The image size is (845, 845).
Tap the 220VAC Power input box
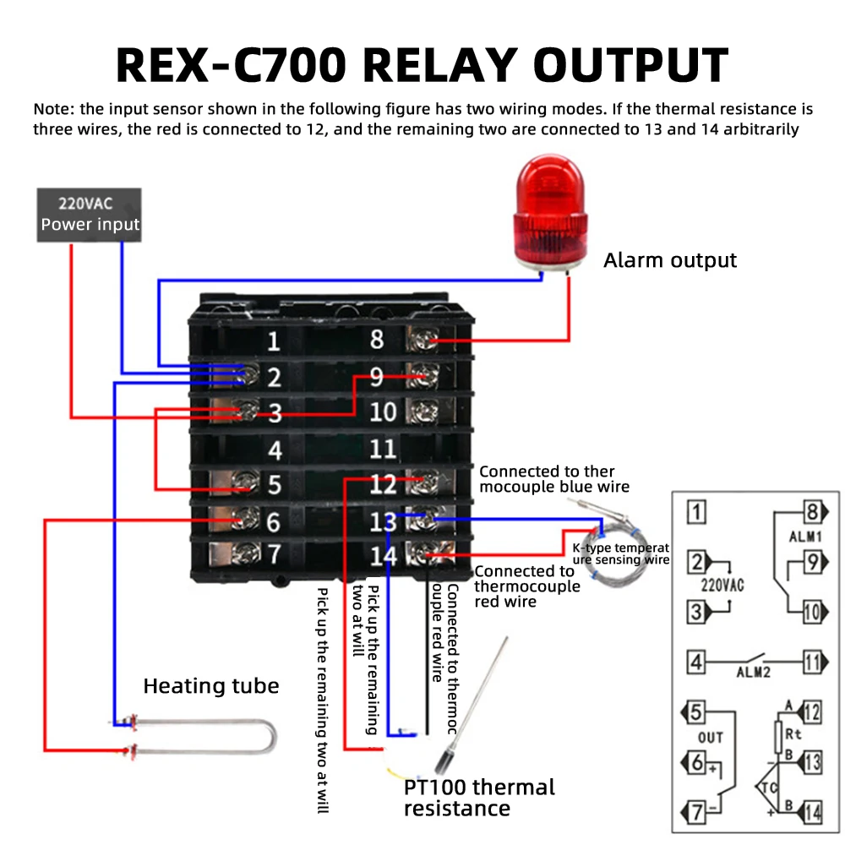pyautogui.click(x=90, y=215)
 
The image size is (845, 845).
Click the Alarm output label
pyautogui.click(x=670, y=260)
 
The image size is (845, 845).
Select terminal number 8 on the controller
pyautogui.click(x=377, y=339)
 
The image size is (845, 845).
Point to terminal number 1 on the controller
pyautogui.click(x=273, y=342)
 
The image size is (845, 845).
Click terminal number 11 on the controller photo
pyautogui.click(x=383, y=449)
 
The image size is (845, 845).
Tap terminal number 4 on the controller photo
pyautogui.click(x=274, y=450)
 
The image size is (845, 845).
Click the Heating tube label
pyautogui.click(x=210, y=685)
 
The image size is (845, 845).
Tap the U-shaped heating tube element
pyautogui.click(x=203, y=735)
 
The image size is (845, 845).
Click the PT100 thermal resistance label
pyautogui.click(x=479, y=798)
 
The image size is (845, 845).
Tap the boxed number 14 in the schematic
pyautogui.click(x=812, y=813)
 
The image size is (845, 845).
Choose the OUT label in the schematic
pyautogui.click(x=711, y=737)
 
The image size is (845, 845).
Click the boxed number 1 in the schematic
pyautogui.click(x=696, y=511)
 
